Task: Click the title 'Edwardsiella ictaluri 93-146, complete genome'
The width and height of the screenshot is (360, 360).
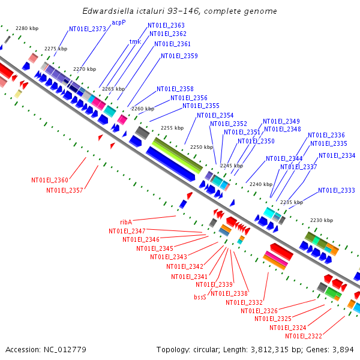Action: (x=179, y=11)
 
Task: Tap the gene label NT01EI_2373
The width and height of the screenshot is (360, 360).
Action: (x=87, y=29)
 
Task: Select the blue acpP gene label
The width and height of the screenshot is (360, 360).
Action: (x=119, y=22)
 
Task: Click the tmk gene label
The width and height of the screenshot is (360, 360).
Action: (x=135, y=42)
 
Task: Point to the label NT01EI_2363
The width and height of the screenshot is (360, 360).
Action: (x=166, y=25)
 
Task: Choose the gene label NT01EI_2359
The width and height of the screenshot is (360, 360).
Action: (x=179, y=56)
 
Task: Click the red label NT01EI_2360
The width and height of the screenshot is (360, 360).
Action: (x=50, y=180)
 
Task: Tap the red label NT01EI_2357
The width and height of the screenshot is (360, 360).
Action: (x=65, y=190)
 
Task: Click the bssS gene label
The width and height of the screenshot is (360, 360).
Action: (x=200, y=297)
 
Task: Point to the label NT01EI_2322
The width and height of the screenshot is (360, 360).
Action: (x=304, y=336)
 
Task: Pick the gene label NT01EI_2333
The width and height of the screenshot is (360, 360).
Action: (x=337, y=190)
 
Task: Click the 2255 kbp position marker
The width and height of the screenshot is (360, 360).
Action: (x=172, y=128)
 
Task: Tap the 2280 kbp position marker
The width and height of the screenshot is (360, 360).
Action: (x=26, y=28)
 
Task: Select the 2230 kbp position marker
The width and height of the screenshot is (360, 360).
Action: (x=321, y=220)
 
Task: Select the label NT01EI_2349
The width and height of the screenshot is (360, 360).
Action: (x=281, y=121)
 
